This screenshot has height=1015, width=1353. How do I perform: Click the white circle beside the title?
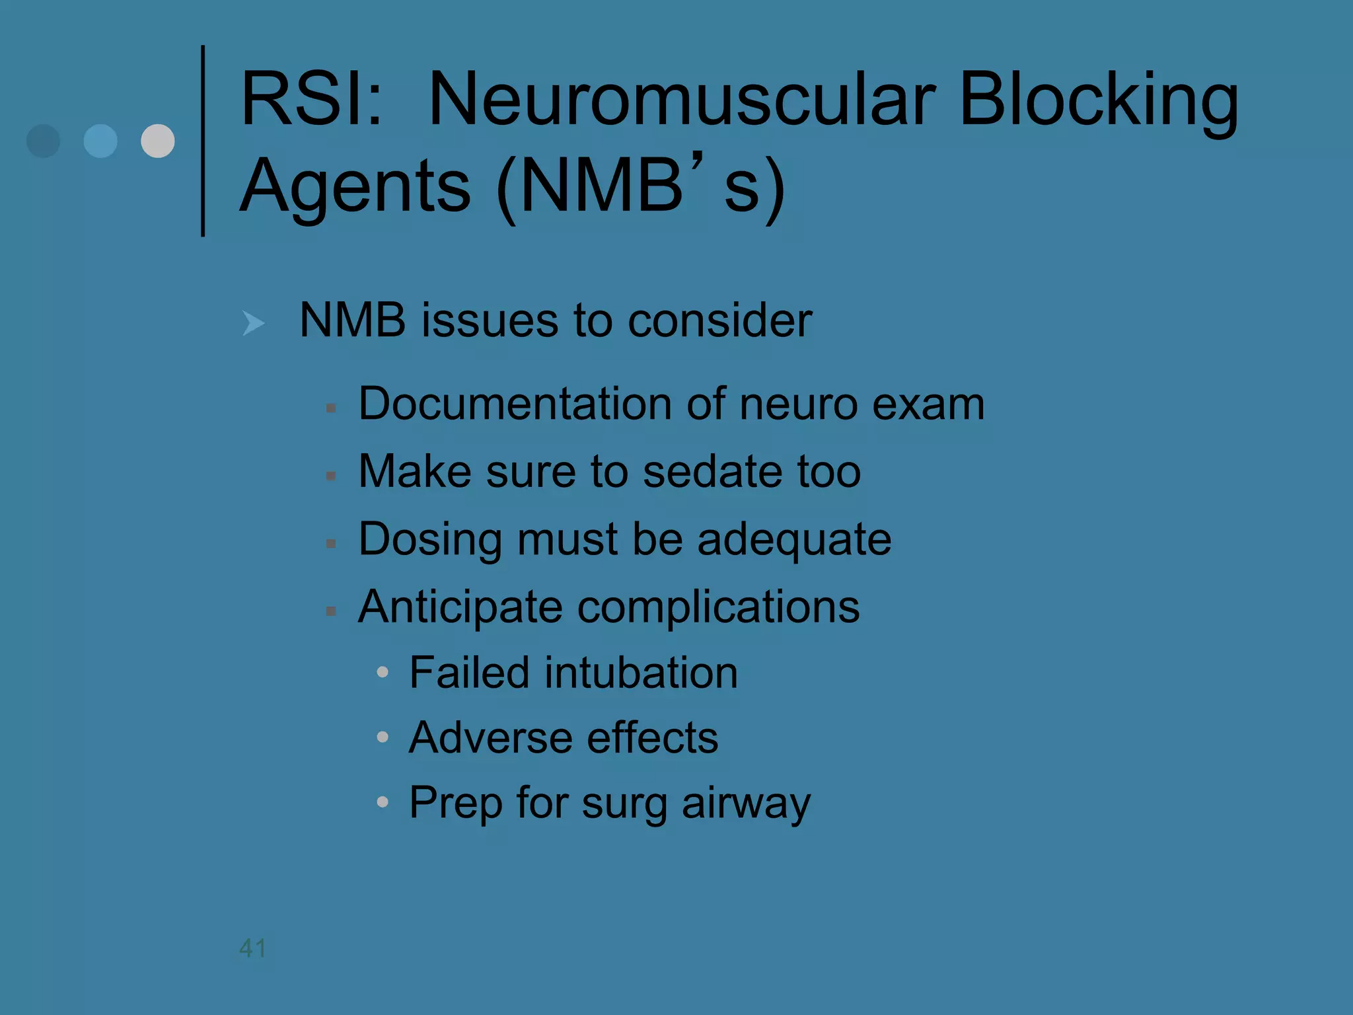click(158, 141)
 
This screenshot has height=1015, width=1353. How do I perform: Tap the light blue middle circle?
click(100, 141)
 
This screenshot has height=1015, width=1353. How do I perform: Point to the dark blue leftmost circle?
click(44, 141)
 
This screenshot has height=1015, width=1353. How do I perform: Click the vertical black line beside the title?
click(203, 141)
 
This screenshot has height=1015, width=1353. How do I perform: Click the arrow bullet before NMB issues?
click(253, 323)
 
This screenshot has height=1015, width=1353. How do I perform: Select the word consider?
click(719, 320)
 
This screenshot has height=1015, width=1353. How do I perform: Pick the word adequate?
click(794, 539)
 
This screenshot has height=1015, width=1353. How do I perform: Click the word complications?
click(718, 607)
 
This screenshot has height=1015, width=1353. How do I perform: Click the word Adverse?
click(490, 737)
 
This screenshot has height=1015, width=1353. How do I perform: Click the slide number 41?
click(253, 948)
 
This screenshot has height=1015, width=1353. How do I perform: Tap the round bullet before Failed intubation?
click(383, 673)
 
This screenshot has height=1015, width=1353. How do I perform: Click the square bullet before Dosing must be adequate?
click(332, 544)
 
